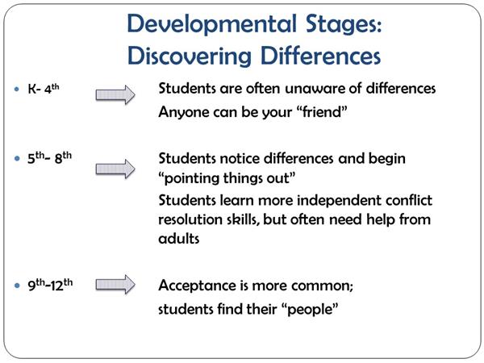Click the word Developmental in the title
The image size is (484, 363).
click(211, 25)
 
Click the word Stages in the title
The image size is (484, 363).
click(344, 25)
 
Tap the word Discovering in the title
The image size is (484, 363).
click(190, 56)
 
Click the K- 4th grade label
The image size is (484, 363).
click(44, 89)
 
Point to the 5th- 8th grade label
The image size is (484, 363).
click(49, 158)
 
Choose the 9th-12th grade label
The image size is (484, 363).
click(50, 285)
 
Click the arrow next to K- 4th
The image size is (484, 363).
click(115, 94)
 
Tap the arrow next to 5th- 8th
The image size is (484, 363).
click(115, 169)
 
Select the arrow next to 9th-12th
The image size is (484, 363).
click(115, 284)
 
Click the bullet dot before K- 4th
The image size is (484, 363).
click(17, 90)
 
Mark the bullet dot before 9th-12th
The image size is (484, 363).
click(17, 286)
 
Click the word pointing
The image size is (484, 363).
click(192, 179)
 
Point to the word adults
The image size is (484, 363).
click(179, 239)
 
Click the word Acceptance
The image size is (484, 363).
click(198, 286)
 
